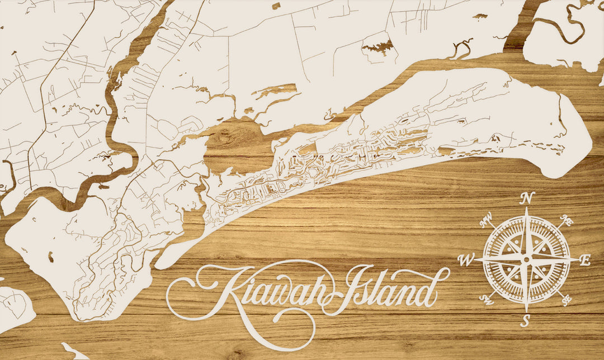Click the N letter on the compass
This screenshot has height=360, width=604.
(x=526, y=198)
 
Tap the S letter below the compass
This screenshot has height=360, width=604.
(x=525, y=321)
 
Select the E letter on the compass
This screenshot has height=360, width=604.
(x=585, y=260)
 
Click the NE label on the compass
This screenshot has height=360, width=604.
(x=567, y=221)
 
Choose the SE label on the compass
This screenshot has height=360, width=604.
(x=566, y=300)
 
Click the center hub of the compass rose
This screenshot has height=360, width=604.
(x=526, y=259)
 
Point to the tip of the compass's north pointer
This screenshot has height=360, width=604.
(x=526, y=209)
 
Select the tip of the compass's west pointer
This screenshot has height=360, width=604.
(x=474, y=259)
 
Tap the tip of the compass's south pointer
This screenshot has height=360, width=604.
(x=526, y=311)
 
